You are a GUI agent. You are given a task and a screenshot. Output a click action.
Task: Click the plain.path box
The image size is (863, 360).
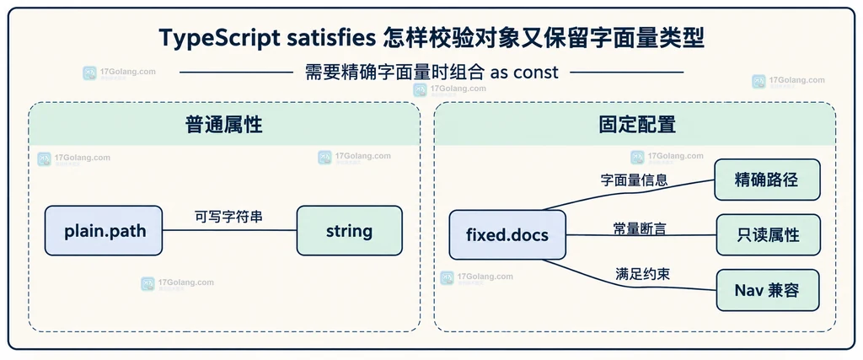[104, 231]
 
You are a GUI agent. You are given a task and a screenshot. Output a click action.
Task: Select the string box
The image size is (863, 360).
[350, 231]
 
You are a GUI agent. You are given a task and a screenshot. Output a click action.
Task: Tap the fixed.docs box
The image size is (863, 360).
[507, 235]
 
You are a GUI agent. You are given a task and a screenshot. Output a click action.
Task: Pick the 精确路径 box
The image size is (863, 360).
[767, 180]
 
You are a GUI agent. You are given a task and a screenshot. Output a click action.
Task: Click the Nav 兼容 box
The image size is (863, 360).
[768, 290]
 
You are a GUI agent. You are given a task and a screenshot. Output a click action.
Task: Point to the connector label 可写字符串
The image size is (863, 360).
[229, 217]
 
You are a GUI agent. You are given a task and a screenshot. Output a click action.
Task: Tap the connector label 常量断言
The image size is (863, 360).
[640, 228]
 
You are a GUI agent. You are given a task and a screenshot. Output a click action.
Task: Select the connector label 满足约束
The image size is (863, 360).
[643, 274]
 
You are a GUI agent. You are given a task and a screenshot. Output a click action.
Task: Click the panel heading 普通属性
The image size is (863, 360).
[224, 125]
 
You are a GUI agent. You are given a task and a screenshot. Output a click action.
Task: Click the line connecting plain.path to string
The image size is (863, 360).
[229, 230]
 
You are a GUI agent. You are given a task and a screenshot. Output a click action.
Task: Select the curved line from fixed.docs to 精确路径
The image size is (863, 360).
[627, 191]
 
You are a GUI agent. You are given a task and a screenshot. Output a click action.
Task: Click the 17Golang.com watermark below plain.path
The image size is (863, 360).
[177, 283]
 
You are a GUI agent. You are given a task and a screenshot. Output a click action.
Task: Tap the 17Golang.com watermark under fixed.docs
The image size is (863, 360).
[477, 277]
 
